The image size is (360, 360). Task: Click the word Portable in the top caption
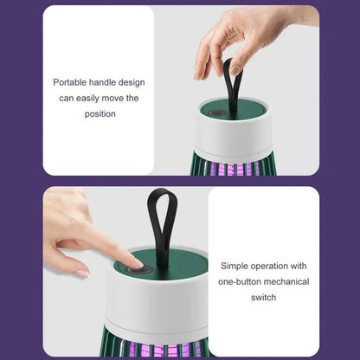click(x=70, y=82)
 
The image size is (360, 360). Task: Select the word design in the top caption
click(x=133, y=82)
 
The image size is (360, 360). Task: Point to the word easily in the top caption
click(x=91, y=98)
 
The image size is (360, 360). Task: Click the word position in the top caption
click(x=100, y=113)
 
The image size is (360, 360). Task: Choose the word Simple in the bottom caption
click(x=235, y=267)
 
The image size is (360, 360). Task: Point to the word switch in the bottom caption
click(x=264, y=298)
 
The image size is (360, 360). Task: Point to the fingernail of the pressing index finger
click(x=137, y=261)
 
